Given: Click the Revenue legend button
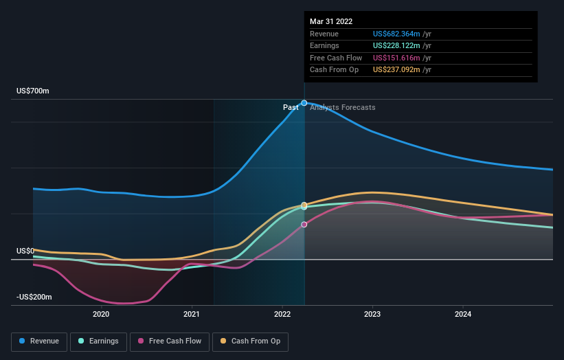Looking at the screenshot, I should point(39,341).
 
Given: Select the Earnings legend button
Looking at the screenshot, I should point(98,341).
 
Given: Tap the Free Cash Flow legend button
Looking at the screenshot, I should point(168,341).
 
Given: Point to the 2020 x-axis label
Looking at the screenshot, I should point(101,315).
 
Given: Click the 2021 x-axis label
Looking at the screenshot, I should point(192,315).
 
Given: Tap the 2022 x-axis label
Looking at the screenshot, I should point(282,315).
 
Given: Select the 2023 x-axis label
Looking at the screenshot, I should point(373,315).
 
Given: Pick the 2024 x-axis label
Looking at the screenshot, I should point(464,315).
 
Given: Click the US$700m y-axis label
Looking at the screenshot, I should point(33,91).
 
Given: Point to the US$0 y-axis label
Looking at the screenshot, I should point(25,251).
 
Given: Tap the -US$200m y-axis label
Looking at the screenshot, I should point(35,297).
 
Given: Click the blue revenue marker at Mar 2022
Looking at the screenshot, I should point(304,103).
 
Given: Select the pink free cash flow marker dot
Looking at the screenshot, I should point(304,225).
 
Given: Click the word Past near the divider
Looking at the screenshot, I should point(291,107).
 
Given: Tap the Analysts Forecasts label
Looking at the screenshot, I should point(343,107).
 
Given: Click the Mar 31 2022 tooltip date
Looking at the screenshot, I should point(331,21).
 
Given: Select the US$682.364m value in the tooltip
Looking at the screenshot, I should point(397,34).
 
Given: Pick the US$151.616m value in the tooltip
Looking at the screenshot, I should point(396,58).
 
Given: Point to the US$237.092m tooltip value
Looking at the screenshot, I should point(397,69).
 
